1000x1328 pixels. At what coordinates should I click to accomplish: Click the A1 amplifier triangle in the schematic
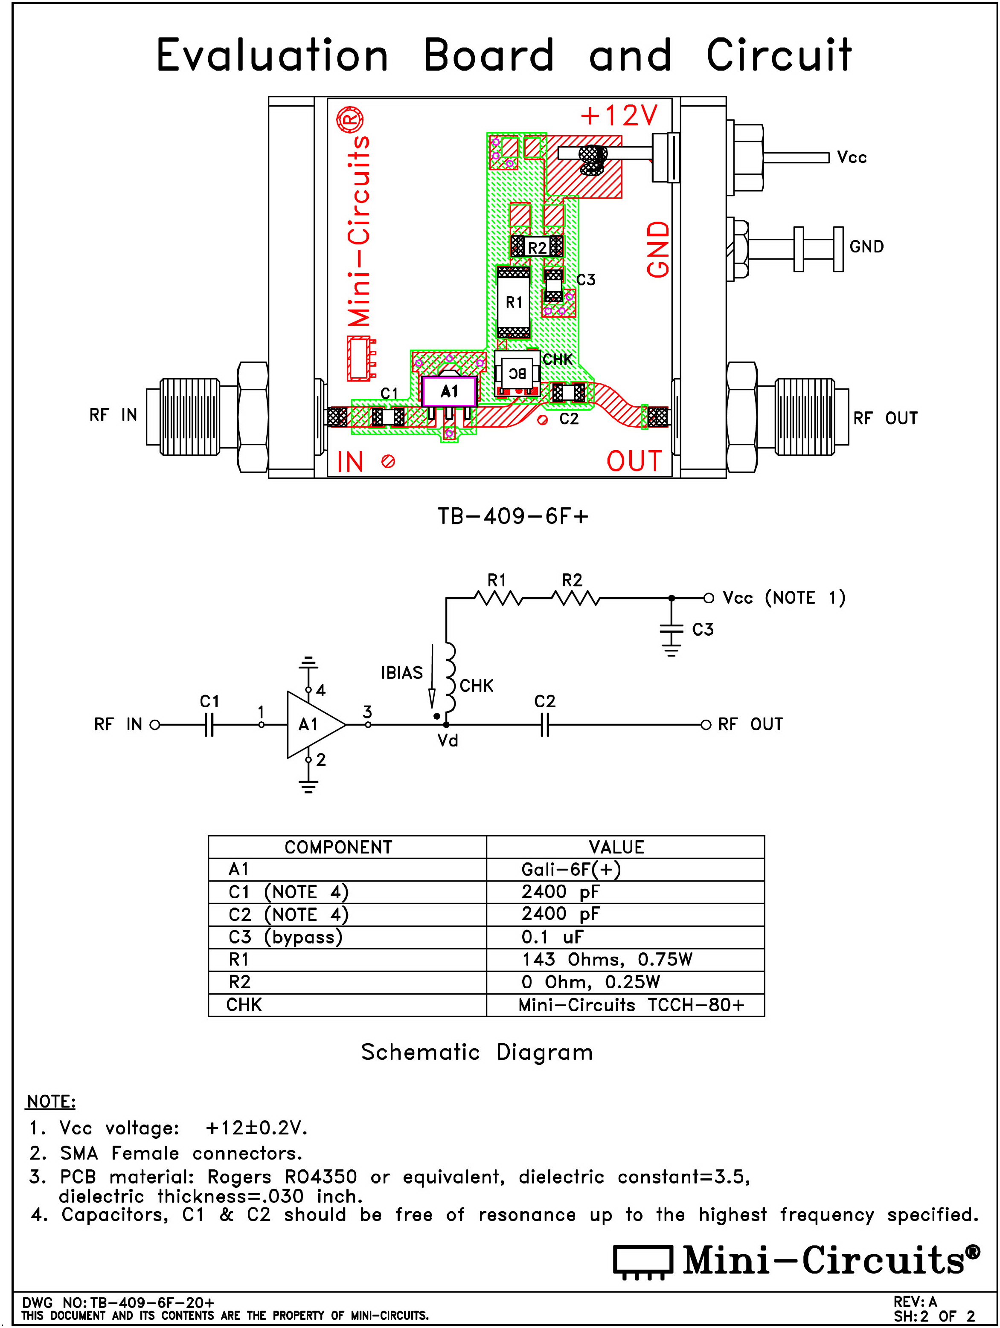[x=312, y=725]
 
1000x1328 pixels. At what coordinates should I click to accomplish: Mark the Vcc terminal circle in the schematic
[x=709, y=598]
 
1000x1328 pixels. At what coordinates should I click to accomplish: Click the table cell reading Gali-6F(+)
[x=570, y=869]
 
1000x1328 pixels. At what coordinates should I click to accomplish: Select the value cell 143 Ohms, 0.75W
[x=607, y=959]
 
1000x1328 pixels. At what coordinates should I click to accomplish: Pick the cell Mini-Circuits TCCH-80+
[x=631, y=1005]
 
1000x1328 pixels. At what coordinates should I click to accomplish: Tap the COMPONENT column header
[x=338, y=847]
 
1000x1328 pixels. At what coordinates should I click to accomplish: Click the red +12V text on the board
[x=619, y=115]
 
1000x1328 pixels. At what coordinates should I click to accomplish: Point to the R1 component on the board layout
[x=514, y=302]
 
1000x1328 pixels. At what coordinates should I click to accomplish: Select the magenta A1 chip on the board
[x=449, y=391]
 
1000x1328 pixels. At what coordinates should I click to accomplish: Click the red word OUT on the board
[x=634, y=461]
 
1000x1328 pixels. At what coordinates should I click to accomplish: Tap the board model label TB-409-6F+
[x=513, y=516]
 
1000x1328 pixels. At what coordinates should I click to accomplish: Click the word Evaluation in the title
[x=272, y=55]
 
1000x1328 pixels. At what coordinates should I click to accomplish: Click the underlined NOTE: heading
[x=51, y=1102]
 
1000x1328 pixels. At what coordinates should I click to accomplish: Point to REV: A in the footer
[x=915, y=1302]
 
